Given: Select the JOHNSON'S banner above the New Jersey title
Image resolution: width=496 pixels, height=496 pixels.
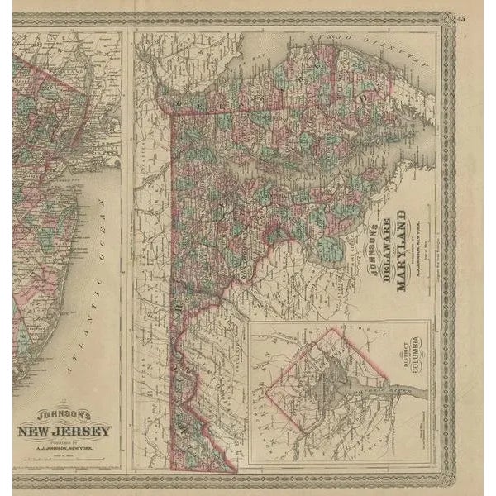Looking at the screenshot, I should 62,418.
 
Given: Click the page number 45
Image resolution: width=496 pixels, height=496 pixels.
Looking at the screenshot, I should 460,19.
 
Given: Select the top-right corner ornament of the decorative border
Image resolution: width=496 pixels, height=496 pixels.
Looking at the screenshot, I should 446,18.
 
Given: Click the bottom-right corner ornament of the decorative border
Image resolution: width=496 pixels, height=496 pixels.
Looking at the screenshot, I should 446,478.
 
